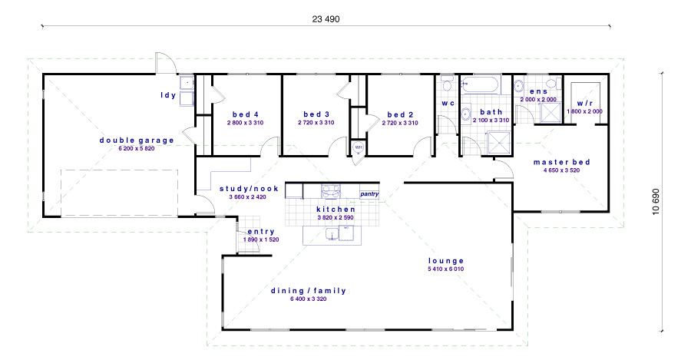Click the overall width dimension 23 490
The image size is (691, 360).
326,19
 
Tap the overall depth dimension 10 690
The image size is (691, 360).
656,201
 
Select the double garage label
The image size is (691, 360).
137,140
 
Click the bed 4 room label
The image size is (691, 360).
246,114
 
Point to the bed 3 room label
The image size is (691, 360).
316,114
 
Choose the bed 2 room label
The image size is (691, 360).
400,114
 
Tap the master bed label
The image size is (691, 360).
561,162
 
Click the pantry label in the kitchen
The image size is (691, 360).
369,194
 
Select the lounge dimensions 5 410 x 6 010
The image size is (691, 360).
445,269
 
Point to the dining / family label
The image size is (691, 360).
309,291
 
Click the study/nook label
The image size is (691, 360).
249,189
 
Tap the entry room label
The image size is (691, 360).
261,232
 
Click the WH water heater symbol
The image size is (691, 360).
358,147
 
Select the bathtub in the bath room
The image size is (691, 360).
480,84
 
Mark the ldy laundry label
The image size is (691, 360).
168,95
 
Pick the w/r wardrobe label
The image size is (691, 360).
585,104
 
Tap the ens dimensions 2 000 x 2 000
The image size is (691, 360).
538,100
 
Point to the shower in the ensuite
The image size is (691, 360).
550,112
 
